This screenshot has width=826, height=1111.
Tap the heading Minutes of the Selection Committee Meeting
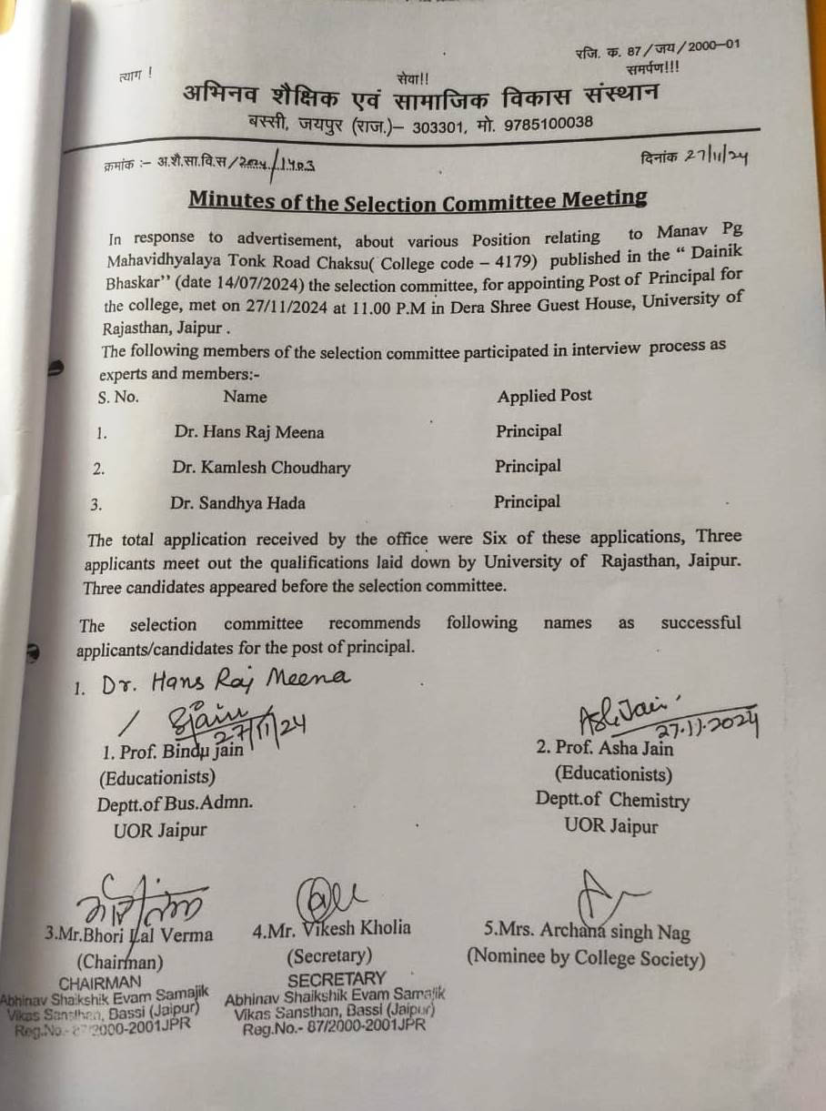coord(418,200)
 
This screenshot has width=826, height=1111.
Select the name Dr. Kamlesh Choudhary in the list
coord(261,468)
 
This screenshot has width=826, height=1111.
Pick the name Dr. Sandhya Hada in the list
coord(237,503)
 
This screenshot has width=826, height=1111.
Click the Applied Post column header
coord(544,396)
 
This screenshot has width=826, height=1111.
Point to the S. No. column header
coord(118,398)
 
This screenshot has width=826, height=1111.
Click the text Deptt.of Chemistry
coord(612,801)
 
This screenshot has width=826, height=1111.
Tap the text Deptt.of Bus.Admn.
coord(175,803)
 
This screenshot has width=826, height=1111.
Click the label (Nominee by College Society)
coord(586,957)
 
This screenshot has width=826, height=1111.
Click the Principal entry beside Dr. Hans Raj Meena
coord(529,430)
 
